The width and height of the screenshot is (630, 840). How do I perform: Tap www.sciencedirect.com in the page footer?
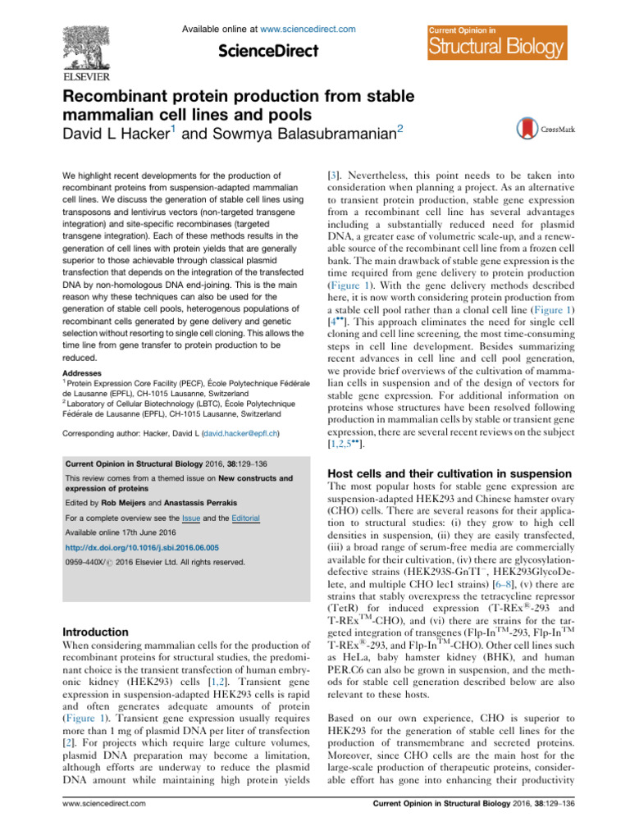pos(103,824)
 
